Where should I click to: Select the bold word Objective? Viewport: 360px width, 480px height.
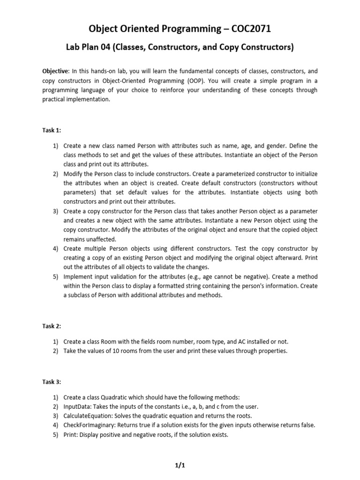[55, 71]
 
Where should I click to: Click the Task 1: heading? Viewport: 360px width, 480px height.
[52, 130]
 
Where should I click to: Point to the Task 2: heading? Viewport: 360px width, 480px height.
[52, 326]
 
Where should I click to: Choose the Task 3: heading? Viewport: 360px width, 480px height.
[52, 382]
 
